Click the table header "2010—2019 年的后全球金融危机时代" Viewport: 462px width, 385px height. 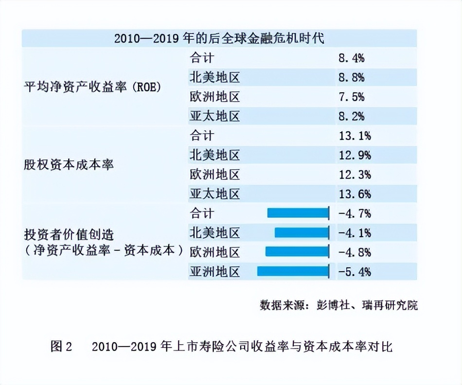pos(219,38)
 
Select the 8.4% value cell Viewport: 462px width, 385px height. pos(352,58)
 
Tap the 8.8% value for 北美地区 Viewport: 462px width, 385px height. pos(352,77)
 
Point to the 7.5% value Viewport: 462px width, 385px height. pos(352,97)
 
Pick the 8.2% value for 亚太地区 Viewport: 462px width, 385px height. pos(352,116)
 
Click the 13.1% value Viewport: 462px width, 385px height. pos(355,136)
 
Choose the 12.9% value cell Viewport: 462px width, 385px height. pos(355,155)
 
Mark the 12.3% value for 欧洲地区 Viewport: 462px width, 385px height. pos(355,175)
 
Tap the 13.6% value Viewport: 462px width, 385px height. pos(355,194)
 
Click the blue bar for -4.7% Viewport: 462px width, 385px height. pos(298,213)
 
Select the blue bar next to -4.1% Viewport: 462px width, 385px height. pos(302,232)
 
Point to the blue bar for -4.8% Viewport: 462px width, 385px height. pos(297,252)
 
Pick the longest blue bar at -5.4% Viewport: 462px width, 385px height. pos(293,271)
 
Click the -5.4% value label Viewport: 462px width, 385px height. pos(355,271)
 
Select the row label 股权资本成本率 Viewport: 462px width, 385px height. pos(69,165)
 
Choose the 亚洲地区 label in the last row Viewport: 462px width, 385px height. pos(214,271)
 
